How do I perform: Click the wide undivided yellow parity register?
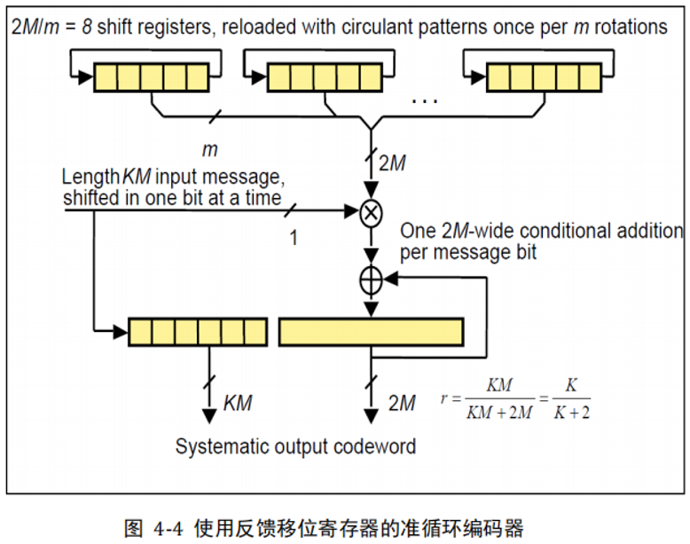pos(371,331)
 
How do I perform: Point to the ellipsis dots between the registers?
pos(425,99)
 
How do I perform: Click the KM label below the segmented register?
pos(237,403)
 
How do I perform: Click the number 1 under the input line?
pos(294,239)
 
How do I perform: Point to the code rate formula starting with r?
pos(514,398)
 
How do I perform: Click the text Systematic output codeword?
pos(295,445)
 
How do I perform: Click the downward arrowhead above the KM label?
pos(211,413)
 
